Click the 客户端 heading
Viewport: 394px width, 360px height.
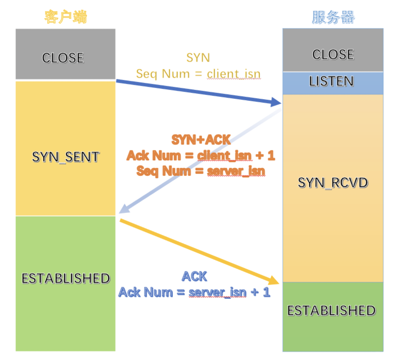pos(66,17)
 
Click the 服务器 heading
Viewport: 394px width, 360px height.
pos(333,17)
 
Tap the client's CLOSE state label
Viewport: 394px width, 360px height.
pos(63,58)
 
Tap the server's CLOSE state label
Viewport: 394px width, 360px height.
pos(333,54)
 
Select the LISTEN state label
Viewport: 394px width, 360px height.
pos(331,81)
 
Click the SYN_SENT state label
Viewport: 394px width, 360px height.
pos(66,157)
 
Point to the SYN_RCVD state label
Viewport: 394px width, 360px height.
pos(333,183)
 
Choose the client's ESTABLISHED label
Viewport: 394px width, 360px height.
pos(66,278)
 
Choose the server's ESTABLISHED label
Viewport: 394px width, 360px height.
pos(331,311)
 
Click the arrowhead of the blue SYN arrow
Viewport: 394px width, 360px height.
pos(276,102)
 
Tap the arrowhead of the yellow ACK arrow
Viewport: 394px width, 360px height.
pos(273,280)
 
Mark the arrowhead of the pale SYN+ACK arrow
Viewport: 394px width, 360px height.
pos(124,209)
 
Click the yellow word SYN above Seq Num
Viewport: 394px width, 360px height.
pos(198,58)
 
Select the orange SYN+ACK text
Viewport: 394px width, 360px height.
pos(201,140)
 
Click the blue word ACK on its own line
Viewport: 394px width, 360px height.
pos(194,276)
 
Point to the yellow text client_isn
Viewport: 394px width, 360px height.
pos(234,74)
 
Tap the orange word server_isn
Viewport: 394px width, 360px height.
pos(236,171)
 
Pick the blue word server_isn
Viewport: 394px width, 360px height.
pos(217,292)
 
